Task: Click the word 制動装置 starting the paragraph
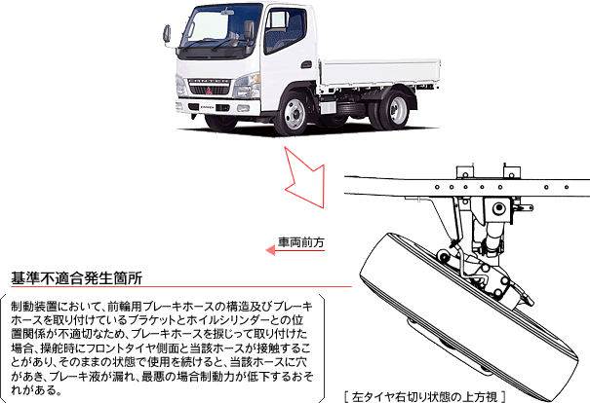point(29,307)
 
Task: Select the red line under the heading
point(176,288)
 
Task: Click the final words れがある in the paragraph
point(37,392)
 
